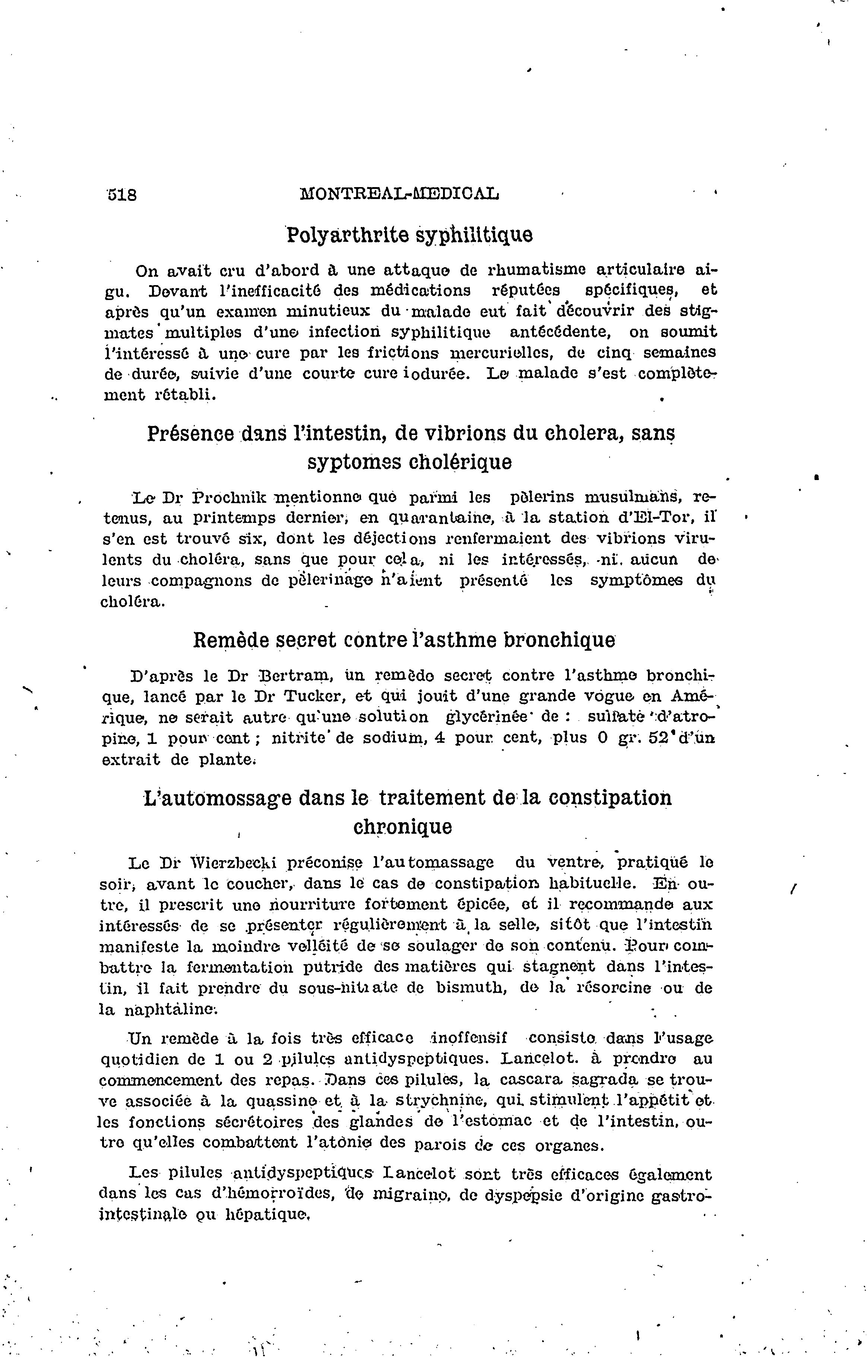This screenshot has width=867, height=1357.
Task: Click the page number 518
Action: (122, 195)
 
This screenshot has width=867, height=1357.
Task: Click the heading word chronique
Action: (402, 827)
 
